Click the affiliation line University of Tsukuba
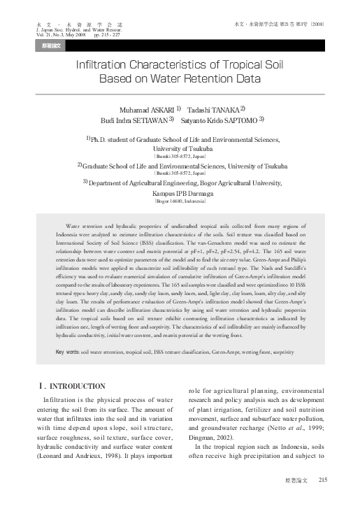[180, 148]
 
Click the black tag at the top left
[51, 45]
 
